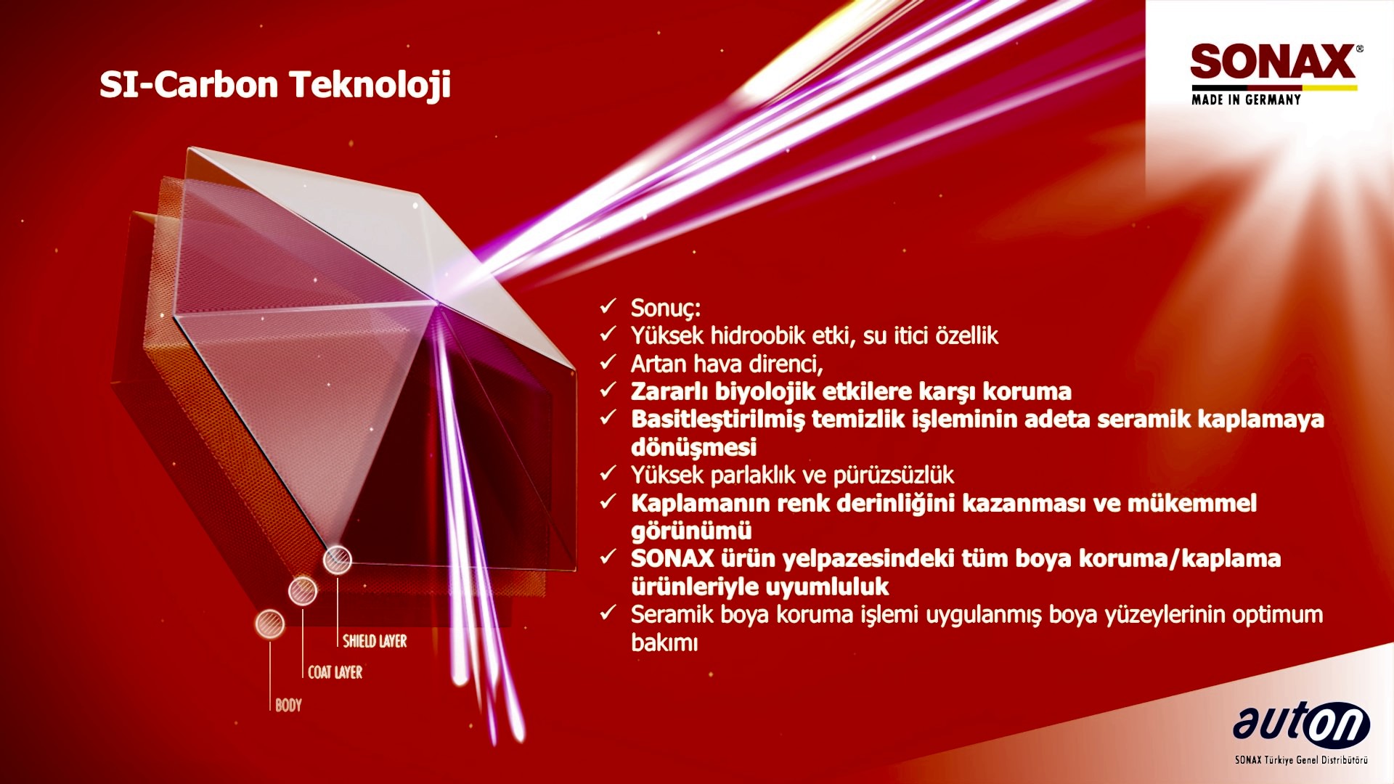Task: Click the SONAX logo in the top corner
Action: pyautogui.click(x=1273, y=62)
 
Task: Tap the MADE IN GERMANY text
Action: pyautogui.click(x=1246, y=99)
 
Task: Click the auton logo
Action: pyautogui.click(x=1301, y=724)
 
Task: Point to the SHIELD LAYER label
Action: pyautogui.click(x=375, y=641)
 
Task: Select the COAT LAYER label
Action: pyautogui.click(x=335, y=672)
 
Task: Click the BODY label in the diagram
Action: pyautogui.click(x=288, y=705)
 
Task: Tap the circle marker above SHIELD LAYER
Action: pyautogui.click(x=338, y=560)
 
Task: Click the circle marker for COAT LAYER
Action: pyautogui.click(x=303, y=591)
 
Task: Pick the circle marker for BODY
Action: pyautogui.click(x=269, y=624)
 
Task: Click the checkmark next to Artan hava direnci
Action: pyautogui.click(x=608, y=362)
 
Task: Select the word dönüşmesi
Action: pyautogui.click(x=693, y=447)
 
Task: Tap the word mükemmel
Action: pyautogui.click(x=1192, y=503)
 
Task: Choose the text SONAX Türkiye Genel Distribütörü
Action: pyautogui.click(x=1301, y=760)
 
